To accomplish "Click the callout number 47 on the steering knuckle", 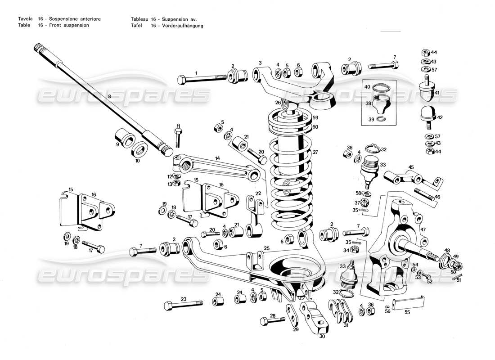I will coord(423,229).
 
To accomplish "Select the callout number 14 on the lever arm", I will coord(217,158).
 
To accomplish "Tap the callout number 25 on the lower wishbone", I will coord(266,248).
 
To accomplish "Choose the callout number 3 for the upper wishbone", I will coord(260,63).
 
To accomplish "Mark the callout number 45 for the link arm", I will coord(411,167).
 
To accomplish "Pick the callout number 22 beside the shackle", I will coord(258,193).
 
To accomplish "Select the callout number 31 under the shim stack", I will coord(346,325).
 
